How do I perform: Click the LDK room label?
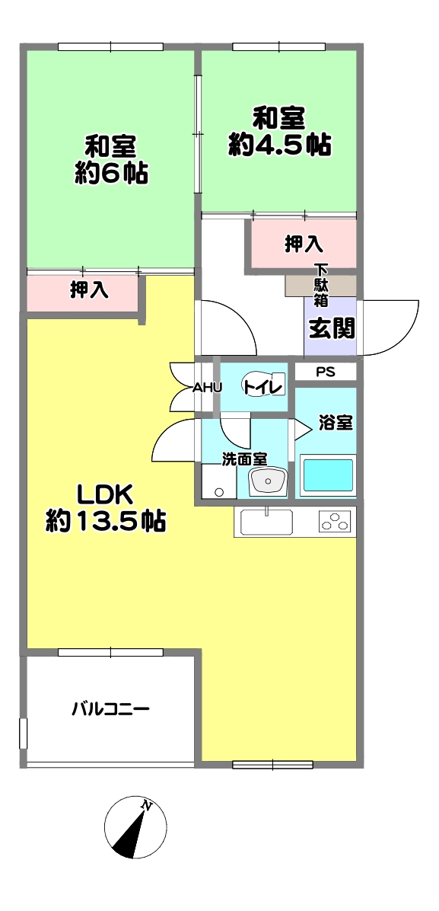click(107, 495)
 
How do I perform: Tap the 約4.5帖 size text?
click(279, 145)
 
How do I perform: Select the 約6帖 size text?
click(111, 173)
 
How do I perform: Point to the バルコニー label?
click(111, 709)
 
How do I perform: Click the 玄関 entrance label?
click(331, 329)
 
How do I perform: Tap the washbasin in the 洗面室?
click(268, 481)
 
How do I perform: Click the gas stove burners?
click(336, 521)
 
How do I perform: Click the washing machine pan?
click(219, 481)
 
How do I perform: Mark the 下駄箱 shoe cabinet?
click(320, 286)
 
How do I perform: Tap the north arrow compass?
click(135, 826)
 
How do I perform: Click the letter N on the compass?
click(147, 806)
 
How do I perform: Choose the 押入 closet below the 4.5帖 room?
click(304, 244)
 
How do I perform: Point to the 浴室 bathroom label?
click(336, 424)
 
